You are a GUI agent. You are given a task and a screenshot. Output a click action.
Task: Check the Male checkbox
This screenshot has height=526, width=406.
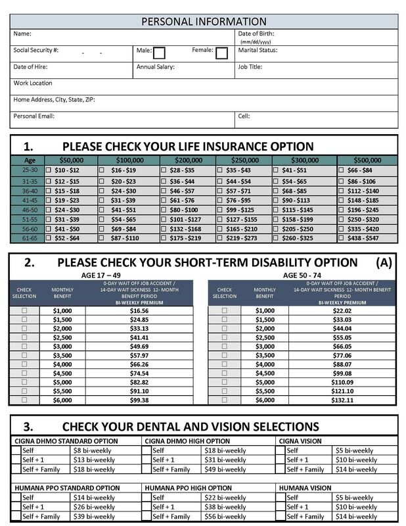(x=159, y=53)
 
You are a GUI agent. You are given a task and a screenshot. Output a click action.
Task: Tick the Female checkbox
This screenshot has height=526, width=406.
(x=221, y=53)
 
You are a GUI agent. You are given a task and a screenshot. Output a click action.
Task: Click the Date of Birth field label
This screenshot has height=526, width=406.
(x=256, y=33)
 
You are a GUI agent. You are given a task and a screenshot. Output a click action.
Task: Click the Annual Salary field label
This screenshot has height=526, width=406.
(x=155, y=66)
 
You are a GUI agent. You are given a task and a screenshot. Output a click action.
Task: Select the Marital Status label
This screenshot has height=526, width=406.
(x=258, y=50)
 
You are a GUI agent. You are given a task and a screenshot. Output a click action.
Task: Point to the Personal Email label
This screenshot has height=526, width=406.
(x=34, y=116)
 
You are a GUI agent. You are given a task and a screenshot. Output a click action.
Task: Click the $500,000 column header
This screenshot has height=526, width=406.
(x=367, y=160)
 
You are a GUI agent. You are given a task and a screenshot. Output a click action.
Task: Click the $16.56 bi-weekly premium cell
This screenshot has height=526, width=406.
(x=139, y=310)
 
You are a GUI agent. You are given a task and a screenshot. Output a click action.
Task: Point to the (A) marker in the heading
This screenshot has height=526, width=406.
(x=384, y=262)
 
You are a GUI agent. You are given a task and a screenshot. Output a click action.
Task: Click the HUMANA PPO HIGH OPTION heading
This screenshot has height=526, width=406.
(x=189, y=488)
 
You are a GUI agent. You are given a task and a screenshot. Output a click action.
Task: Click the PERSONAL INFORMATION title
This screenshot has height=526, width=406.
(x=204, y=22)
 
